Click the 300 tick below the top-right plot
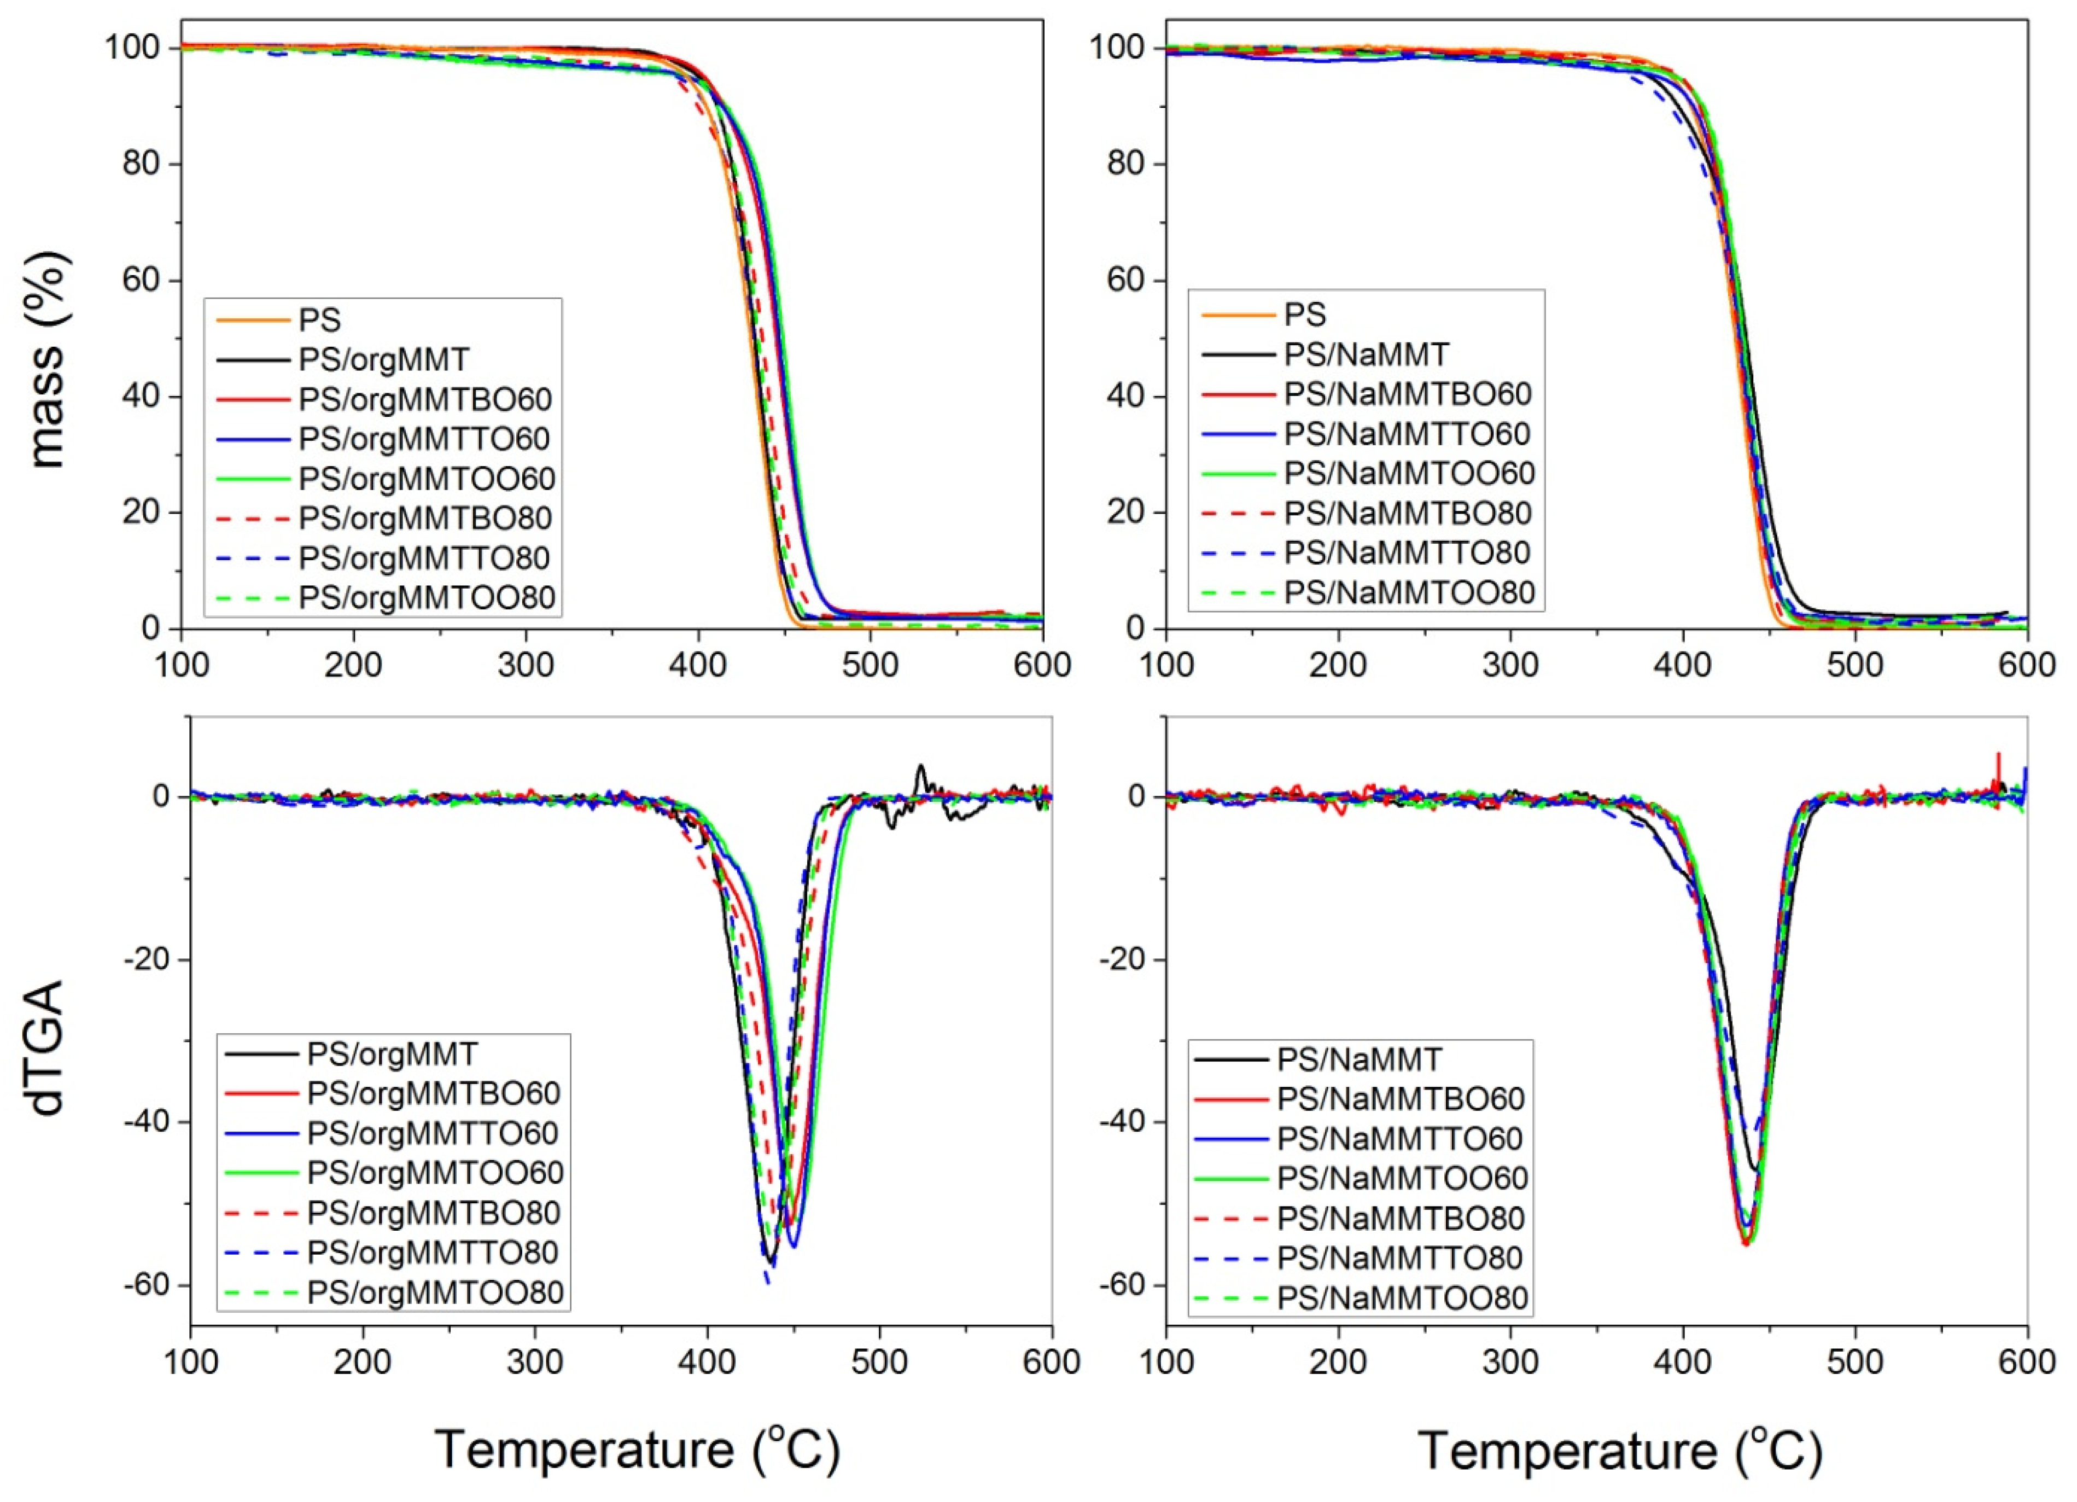click(x=1510, y=665)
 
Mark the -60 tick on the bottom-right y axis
click(x=1124, y=1285)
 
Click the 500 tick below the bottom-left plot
click(x=879, y=1362)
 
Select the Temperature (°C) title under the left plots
click(x=637, y=1451)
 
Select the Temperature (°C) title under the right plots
click(x=1620, y=1451)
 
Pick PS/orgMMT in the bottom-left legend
click(x=392, y=1054)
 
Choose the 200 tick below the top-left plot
click(x=353, y=665)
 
